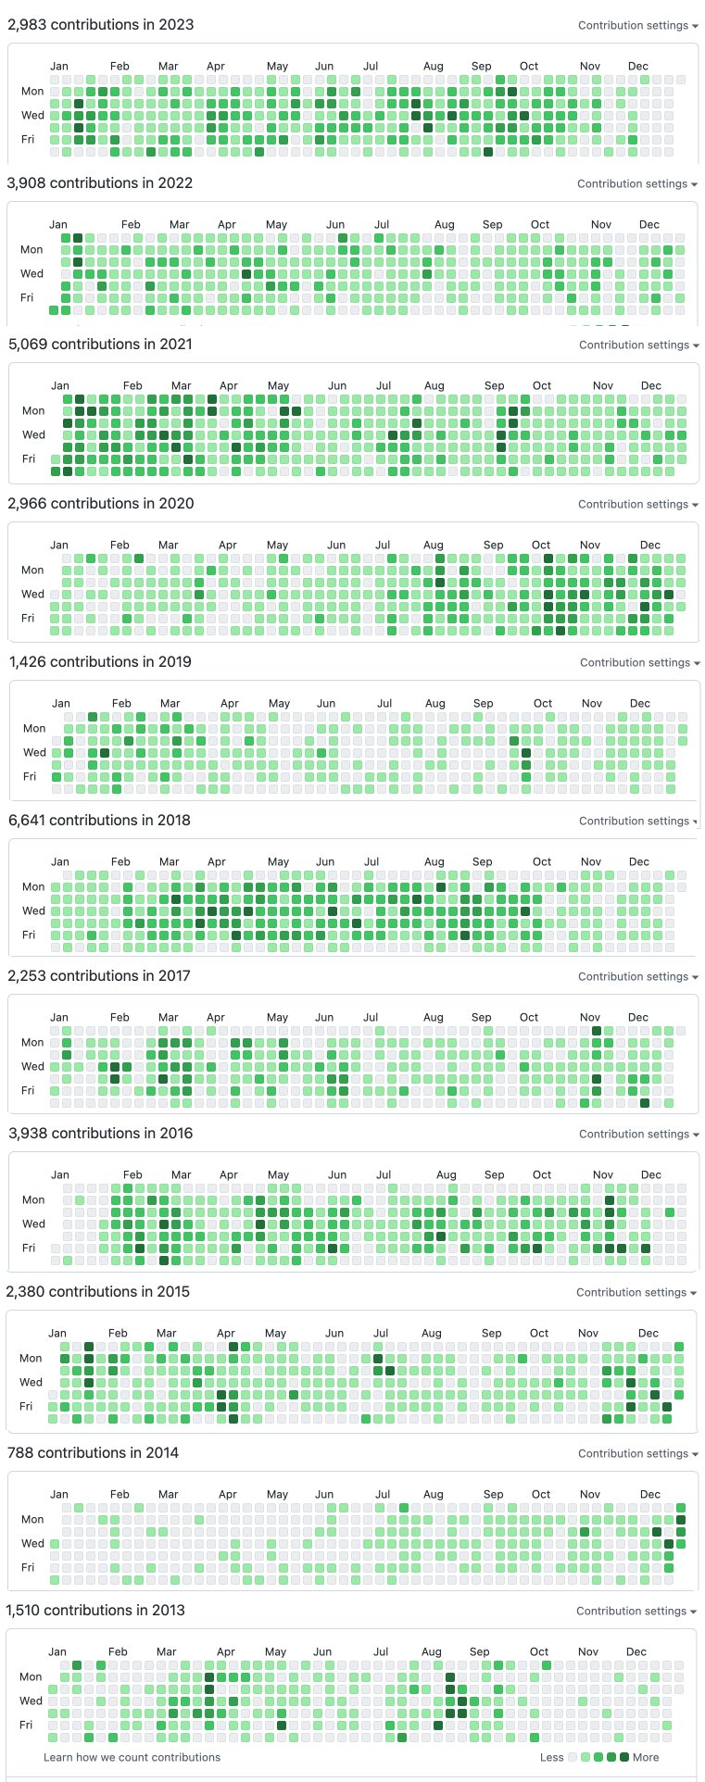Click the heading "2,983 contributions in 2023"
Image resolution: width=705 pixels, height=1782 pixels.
tap(100, 25)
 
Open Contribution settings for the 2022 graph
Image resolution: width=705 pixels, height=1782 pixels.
tap(636, 184)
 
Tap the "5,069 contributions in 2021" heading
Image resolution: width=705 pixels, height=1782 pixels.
tap(100, 345)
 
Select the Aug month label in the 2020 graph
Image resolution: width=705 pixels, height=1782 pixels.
tap(434, 546)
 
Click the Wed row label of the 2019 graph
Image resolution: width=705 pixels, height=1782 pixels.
tap(34, 753)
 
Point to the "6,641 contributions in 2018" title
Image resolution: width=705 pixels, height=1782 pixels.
tap(99, 821)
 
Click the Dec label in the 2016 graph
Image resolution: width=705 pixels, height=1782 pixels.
tap(651, 1175)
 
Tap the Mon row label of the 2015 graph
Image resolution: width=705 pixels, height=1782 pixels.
tap(31, 1359)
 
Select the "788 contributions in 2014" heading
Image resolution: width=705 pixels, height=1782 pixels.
tap(93, 1453)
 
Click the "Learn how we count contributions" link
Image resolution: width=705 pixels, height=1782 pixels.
tap(132, 1758)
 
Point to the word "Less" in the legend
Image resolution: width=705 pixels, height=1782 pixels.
tap(551, 1758)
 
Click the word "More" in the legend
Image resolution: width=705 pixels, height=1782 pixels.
tap(646, 1758)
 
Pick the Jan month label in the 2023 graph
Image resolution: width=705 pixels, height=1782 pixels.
tap(58, 67)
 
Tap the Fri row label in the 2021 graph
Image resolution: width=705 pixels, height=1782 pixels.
tap(29, 459)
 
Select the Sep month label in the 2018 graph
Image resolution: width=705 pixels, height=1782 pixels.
tap(482, 862)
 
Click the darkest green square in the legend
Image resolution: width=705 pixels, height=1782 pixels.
tap(624, 1757)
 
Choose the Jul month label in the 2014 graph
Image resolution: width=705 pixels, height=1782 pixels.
tap(383, 1495)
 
